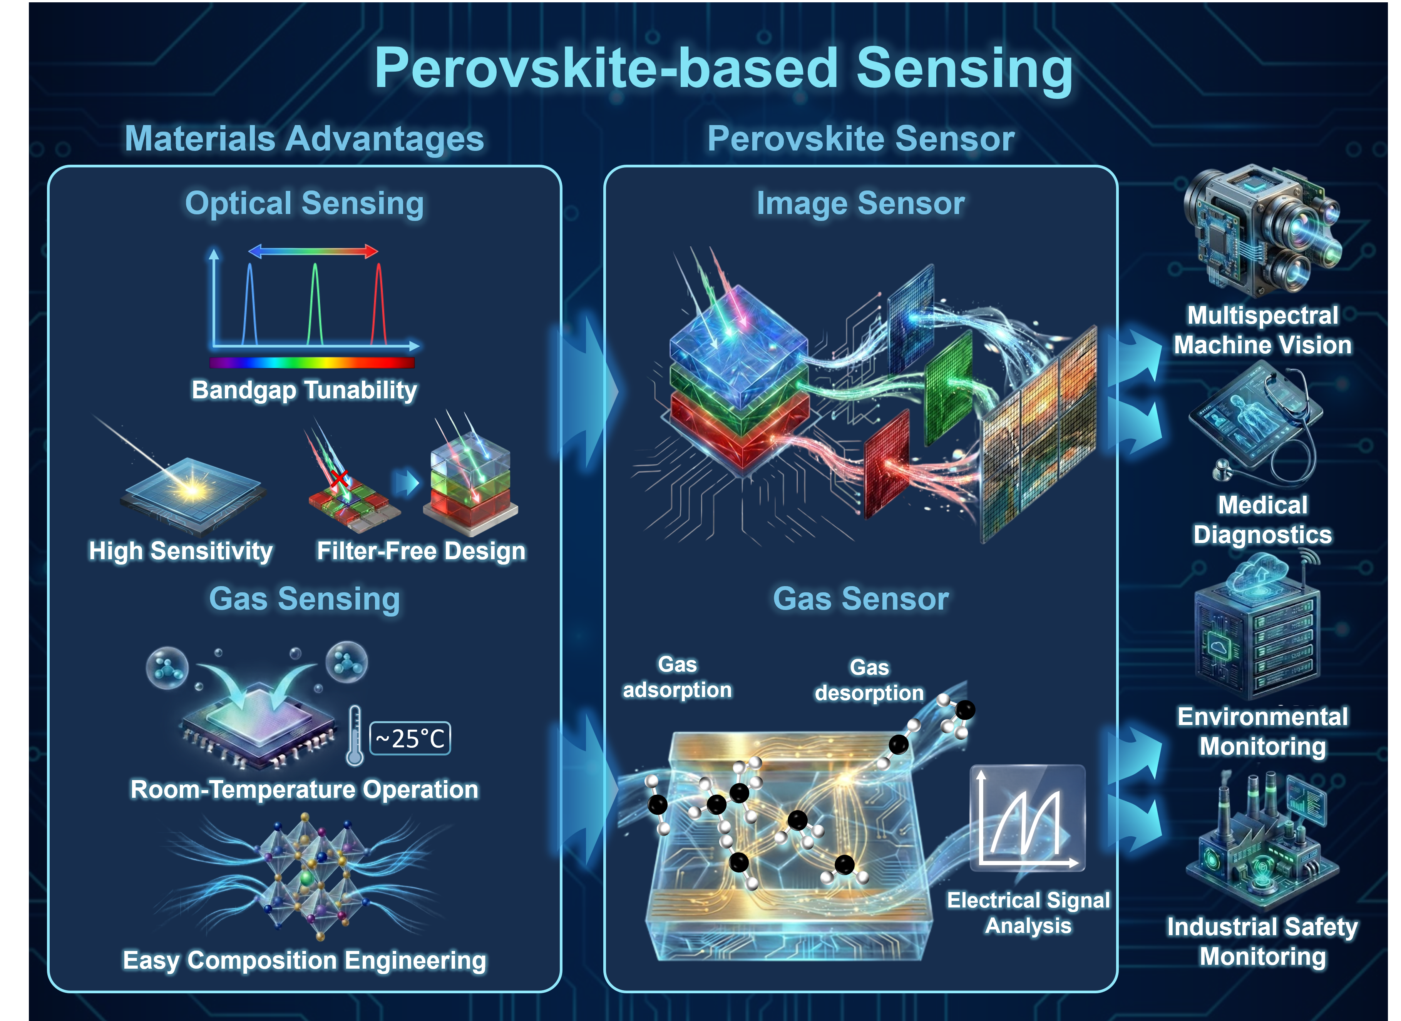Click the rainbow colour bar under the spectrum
pyautogui.click(x=311, y=362)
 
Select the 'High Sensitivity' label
pyautogui.click(x=181, y=551)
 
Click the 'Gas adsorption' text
pyautogui.click(x=677, y=677)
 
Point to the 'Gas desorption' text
pyautogui.click(x=869, y=680)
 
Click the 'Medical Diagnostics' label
pyautogui.click(x=1262, y=520)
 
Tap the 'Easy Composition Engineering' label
pyautogui.click(x=304, y=961)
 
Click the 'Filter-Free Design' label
pyautogui.click(x=421, y=551)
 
